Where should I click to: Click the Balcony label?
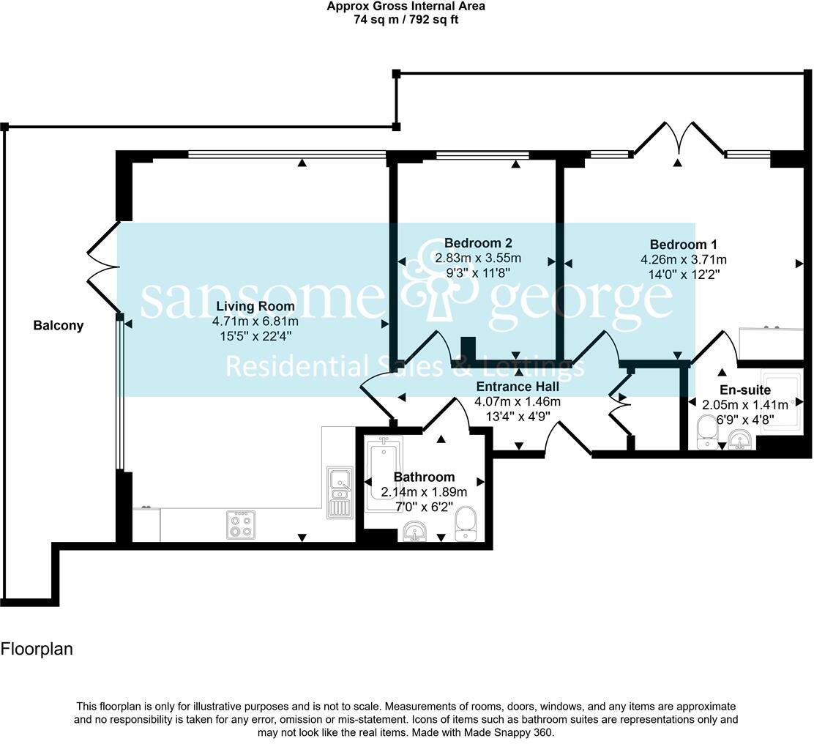point(59,326)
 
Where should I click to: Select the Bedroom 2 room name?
point(478,243)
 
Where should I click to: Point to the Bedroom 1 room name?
point(684,245)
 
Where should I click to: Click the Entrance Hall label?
point(518,387)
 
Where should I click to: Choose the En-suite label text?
point(744,390)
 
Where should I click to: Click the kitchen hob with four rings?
point(241,524)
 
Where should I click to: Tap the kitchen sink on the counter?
point(339,492)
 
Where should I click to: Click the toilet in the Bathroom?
point(466,524)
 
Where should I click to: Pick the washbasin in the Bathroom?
point(415,532)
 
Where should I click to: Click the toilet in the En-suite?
point(707,432)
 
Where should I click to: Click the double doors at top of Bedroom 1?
point(679,139)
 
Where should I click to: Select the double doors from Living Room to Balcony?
point(102,267)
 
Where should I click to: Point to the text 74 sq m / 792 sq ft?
point(406,20)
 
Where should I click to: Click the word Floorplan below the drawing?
point(37,649)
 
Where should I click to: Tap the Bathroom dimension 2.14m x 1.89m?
point(424,491)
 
